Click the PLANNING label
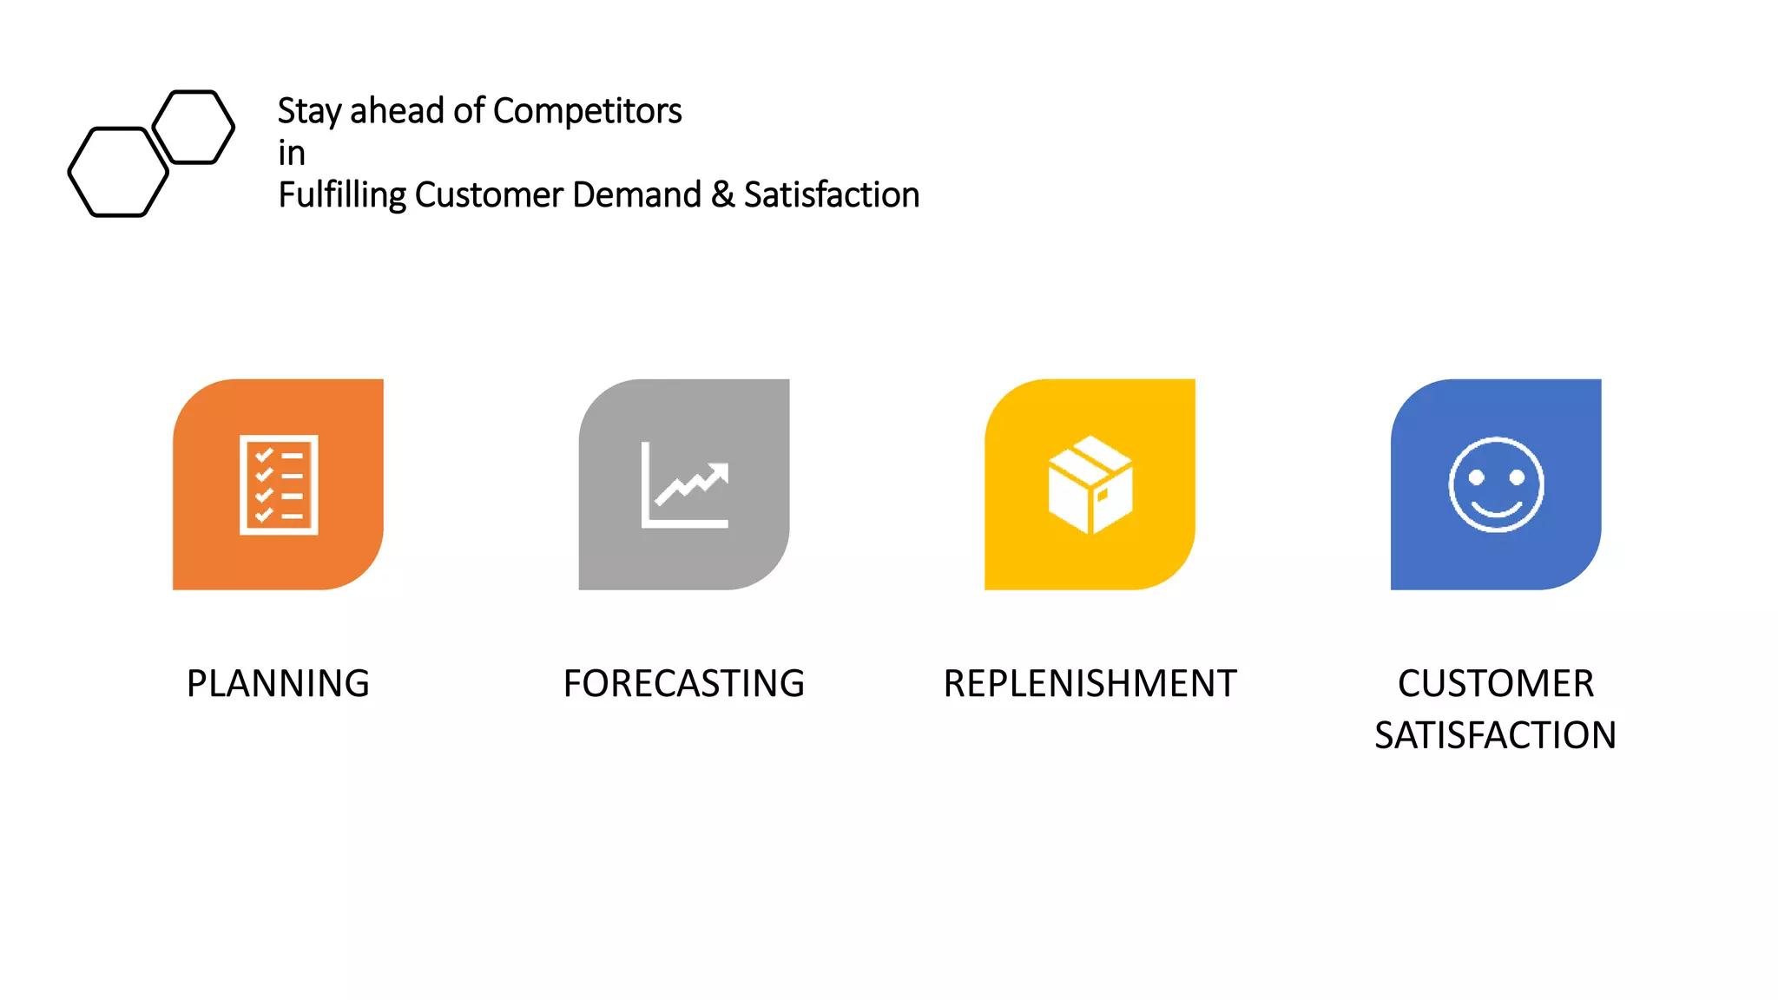pyautogui.click(x=278, y=683)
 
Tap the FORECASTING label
pyautogui.click(x=684, y=683)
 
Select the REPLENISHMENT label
pyautogui.click(x=1090, y=683)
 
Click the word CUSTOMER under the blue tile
pyautogui.click(x=1495, y=683)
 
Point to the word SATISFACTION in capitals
pyautogui.click(x=1495, y=735)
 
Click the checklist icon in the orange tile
pyautogui.click(x=279, y=484)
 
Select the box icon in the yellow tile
pyautogui.click(x=1090, y=484)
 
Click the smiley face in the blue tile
pyautogui.click(x=1496, y=484)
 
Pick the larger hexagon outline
pyautogui.click(x=118, y=172)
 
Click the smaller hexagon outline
pyautogui.click(x=194, y=127)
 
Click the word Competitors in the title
pyautogui.click(x=587, y=111)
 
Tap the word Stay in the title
pyautogui.click(x=309, y=111)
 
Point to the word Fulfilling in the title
pyautogui.click(x=342, y=195)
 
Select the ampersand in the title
pyautogui.click(x=722, y=195)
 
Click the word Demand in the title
pyautogui.click(x=636, y=195)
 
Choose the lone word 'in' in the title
pyautogui.click(x=292, y=154)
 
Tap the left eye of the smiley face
pyautogui.click(x=1476, y=477)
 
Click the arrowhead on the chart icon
pyautogui.click(x=720, y=473)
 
